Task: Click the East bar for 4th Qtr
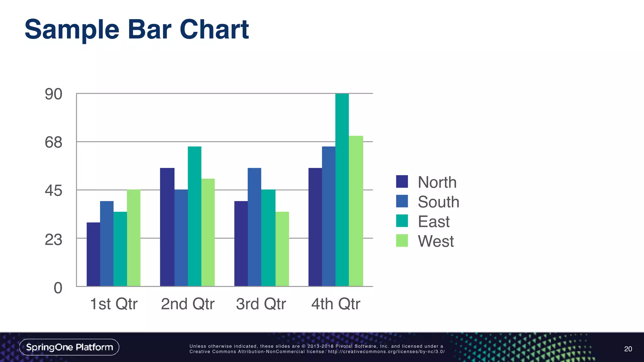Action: click(342, 190)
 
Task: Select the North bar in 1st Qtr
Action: click(93, 254)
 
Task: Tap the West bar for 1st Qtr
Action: click(134, 238)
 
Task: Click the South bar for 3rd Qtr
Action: click(254, 227)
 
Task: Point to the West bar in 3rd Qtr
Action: click(282, 249)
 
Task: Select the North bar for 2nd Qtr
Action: click(167, 227)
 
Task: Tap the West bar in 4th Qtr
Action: click(356, 211)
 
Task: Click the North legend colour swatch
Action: click(402, 182)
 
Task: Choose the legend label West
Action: click(436, 241)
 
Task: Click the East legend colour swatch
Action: click(402, 221)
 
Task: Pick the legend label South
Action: click(438, 202)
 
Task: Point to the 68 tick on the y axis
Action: click(53, 142)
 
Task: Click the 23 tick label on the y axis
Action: click(53, 240)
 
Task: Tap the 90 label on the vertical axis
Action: click(53, 94)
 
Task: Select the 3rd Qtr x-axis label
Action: click(261, 304)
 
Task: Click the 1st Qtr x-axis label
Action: click(114, 304)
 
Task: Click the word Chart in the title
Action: click(214, 29)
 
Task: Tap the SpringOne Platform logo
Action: click(69, 347)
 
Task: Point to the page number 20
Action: click(628, 349)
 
